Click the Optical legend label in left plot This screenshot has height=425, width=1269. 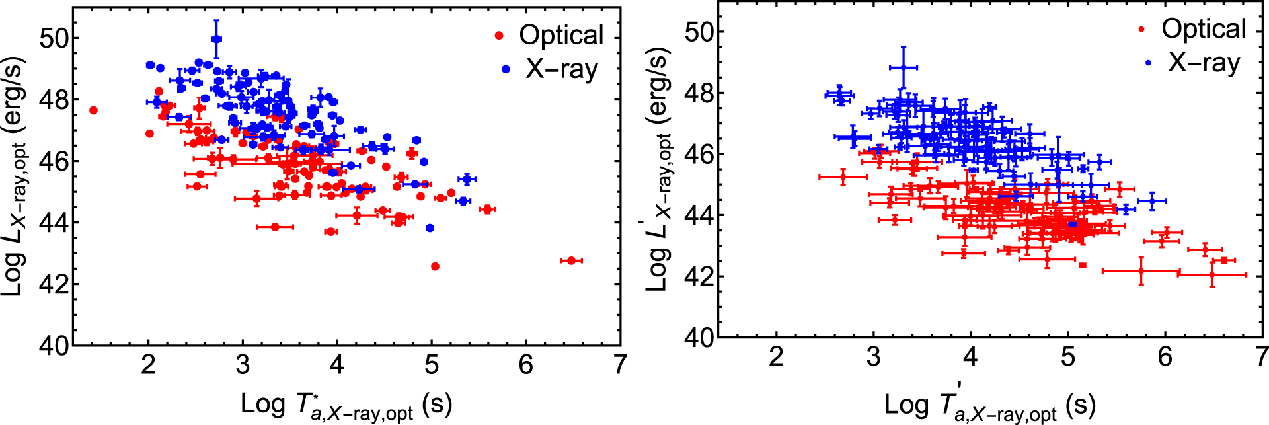[561, 35]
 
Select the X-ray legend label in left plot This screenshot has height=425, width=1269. [561, 69]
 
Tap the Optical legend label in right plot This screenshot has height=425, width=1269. [1203, 28]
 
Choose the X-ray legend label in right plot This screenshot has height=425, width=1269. [1203, 62]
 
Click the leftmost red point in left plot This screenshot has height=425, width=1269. [93, 110]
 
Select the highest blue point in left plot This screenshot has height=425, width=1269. [216, 39]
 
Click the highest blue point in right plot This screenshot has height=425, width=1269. [904, 67]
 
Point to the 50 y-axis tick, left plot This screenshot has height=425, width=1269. [54, 38]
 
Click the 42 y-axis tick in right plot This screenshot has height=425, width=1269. [699, 277]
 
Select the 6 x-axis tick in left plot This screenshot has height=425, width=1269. [525, 365]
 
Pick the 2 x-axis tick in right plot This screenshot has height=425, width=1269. [776, 357]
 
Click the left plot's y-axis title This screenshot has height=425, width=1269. [15, 176]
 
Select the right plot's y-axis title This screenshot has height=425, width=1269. [658, 170]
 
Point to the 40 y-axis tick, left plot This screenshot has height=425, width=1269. [54, 346]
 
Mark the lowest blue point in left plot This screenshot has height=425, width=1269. [430, 228]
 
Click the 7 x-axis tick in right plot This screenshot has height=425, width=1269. [1261, 357]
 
